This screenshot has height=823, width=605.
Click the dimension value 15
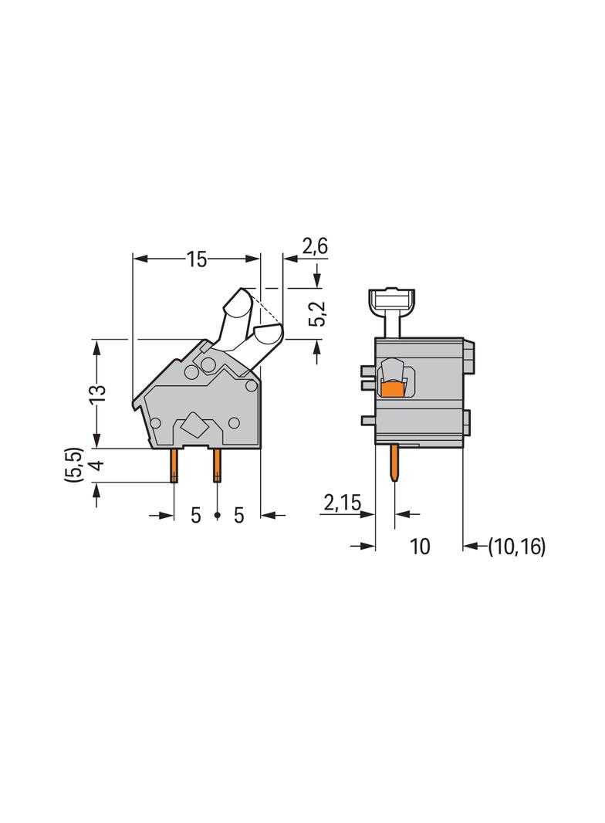coord(197,259)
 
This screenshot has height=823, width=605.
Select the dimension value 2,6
coord(315,246)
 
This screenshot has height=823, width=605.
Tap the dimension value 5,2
coord(317,313)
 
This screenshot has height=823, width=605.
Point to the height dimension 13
coord(97,393)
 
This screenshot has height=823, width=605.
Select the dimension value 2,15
coord(342,503)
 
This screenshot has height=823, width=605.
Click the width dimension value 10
coord(420,547)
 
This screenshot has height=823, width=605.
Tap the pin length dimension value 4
coord(97,464)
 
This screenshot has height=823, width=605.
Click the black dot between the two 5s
coord(218,516)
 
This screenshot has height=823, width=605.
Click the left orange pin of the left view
coord(174,466)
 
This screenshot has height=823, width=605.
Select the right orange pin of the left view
coord(217,466)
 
